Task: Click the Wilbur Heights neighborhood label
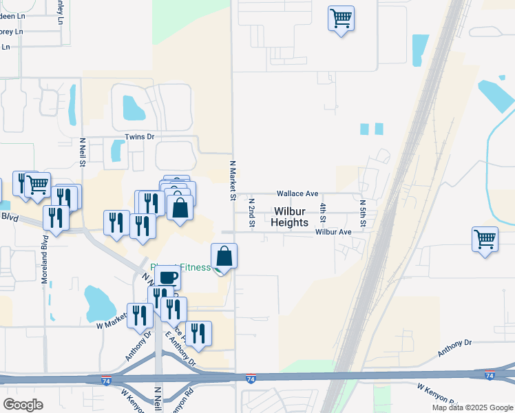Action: point(289,217)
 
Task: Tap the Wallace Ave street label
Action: point(297,194)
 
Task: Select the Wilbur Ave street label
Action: point(333,232)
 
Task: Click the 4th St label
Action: point(322,212)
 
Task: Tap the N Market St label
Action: point(232,180)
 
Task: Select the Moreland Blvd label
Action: point(45,252)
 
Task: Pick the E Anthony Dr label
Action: point(180,350)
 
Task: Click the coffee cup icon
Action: point(169,277)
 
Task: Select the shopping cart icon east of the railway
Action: point(485,240)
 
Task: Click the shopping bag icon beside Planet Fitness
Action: point(224,256)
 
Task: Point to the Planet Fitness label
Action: point(180,267)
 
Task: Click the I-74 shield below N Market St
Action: point(251,379)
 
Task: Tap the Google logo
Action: point(23,405)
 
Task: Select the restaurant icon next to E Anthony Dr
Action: point(198,334)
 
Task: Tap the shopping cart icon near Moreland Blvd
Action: point(38,184)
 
